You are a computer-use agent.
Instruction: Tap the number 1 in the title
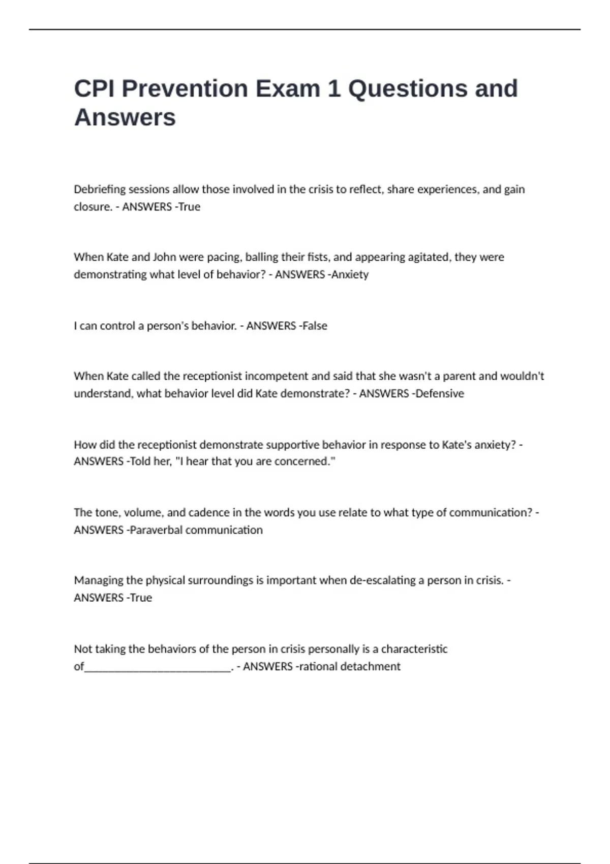[x=334, y=88]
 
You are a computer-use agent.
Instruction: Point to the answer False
[x=315, y=326]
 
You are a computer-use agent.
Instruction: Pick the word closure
[x=91, y=207]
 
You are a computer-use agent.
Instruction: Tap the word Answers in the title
[x=125, y=117]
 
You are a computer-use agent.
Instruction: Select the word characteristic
[x=414, y=649]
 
